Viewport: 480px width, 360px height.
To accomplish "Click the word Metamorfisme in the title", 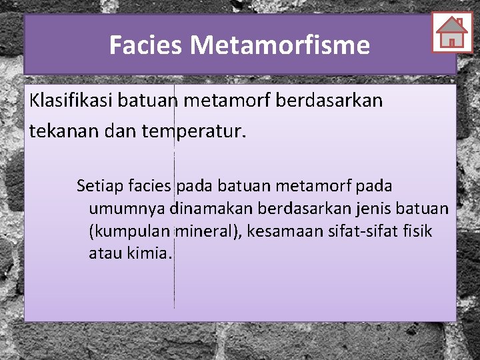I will pos(279,45).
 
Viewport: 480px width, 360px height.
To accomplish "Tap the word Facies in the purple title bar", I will pos(146,45).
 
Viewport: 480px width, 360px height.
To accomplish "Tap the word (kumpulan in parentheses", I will pos(130,231).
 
